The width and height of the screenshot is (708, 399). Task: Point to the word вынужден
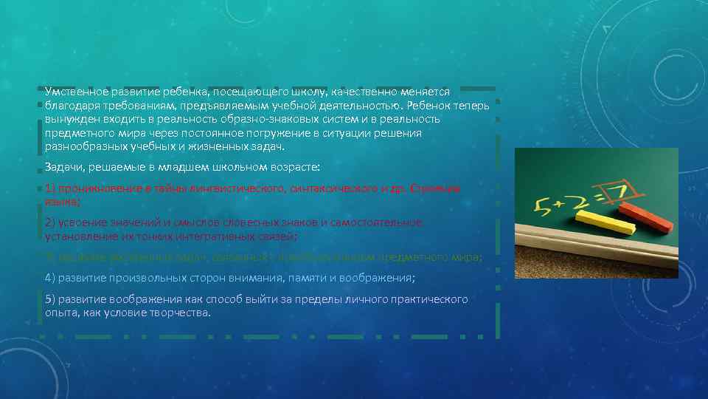tap(70, 119)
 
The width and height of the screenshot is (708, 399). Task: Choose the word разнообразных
tap(79, 147)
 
